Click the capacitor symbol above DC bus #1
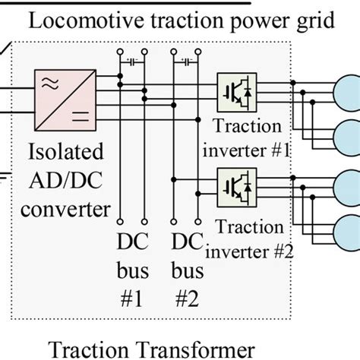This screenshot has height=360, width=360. pos(134,58)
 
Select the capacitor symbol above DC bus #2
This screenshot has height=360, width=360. pos(188,58)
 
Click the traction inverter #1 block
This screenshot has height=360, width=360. pos(233,89)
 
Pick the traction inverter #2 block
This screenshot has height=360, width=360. pos(233,185)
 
